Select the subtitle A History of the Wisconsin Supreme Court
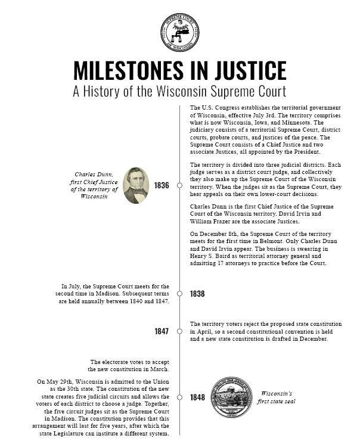(179, 92)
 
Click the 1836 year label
(162, 185)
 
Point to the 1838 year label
(197, 294)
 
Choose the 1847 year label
(162, 331)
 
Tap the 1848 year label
(197, 397)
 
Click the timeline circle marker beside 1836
(179, 185)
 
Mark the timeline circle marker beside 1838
(179, 294)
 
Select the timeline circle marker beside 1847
(179, 331)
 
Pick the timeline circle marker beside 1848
(179, 397)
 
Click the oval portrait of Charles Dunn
(135, 185)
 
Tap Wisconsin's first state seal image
(224, 397)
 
